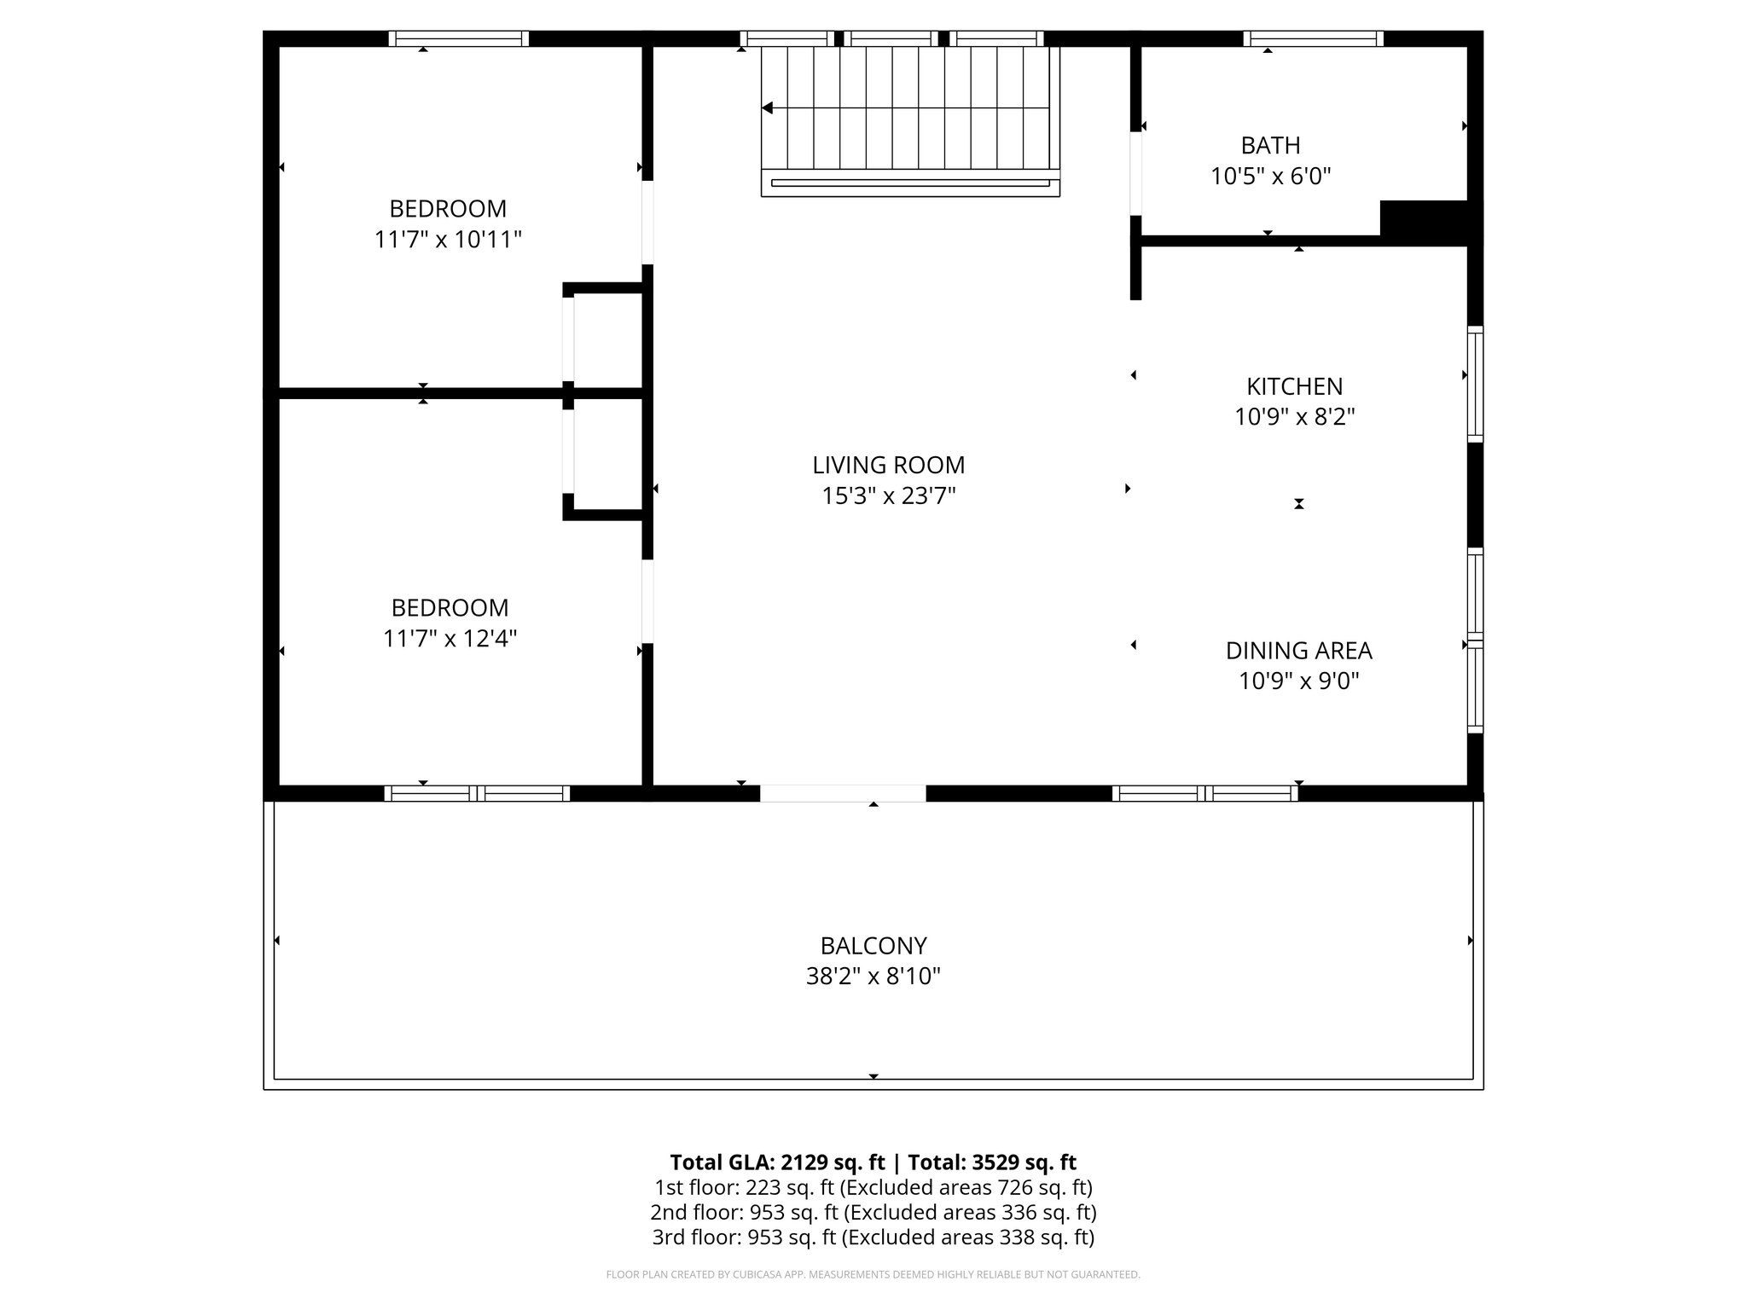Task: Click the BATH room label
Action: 1270,145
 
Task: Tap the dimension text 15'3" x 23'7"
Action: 888,496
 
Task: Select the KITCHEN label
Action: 1294,386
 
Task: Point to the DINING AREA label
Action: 1298,651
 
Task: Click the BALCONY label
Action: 873,946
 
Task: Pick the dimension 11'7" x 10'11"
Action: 448,240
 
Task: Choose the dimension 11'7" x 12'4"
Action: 450,639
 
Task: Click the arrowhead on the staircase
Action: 767,108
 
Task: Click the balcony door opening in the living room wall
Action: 842,793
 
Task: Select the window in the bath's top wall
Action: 1313,38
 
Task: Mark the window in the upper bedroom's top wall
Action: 459,38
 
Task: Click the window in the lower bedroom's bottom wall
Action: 477,793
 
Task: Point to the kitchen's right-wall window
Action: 1475,384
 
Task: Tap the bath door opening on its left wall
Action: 1135,173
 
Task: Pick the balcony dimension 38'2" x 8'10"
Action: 873,977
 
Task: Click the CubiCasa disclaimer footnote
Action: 873,1275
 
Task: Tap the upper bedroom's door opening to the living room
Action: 647,222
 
